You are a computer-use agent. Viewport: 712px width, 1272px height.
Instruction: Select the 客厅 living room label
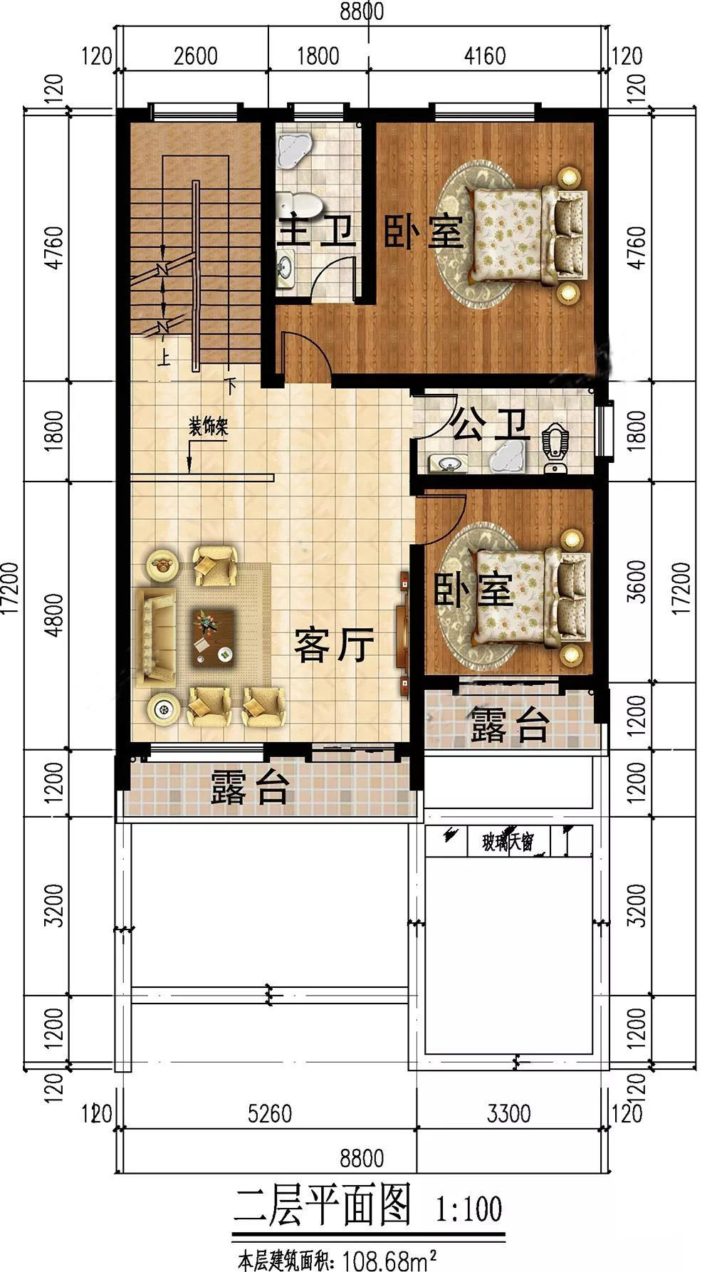click(334, 645)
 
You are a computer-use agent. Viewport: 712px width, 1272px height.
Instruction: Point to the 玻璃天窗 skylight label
click(507, 843)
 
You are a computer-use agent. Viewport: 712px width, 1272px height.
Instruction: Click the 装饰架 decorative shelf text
click(207, 427)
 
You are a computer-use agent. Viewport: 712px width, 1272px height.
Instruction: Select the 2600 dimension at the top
click(195, 56)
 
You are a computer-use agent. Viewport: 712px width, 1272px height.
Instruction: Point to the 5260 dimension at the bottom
click(271, 1113)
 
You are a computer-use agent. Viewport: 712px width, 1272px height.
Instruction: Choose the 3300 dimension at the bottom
click(508, 1113)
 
